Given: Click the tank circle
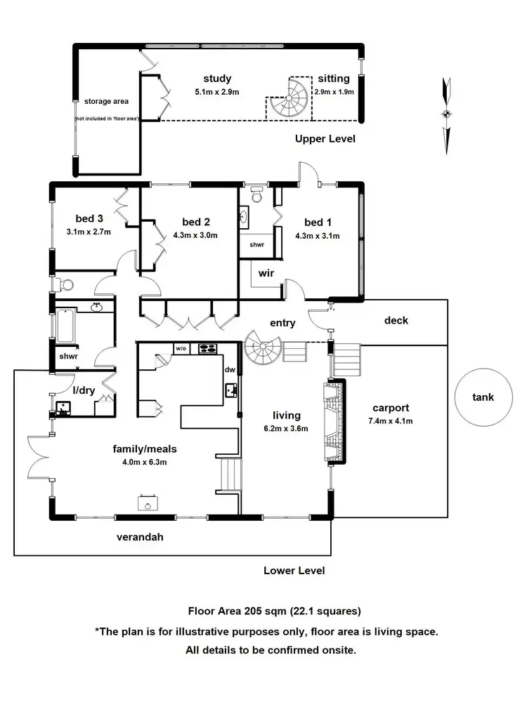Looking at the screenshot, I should point(483,397).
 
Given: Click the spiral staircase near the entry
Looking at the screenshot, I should point(263,347).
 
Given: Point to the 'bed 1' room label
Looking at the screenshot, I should point(317,223).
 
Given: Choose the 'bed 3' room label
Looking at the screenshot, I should point(90,218).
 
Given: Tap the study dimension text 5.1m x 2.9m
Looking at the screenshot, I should point(217,92).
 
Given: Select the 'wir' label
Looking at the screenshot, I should point(266,273).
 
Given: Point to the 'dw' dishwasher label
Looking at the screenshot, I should point(229,370).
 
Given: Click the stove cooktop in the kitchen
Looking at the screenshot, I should point(208,347).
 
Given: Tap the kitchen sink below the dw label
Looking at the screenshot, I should point(230,390).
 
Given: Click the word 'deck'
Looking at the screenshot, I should point(396,321).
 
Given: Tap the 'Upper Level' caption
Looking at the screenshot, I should point(325,139).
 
